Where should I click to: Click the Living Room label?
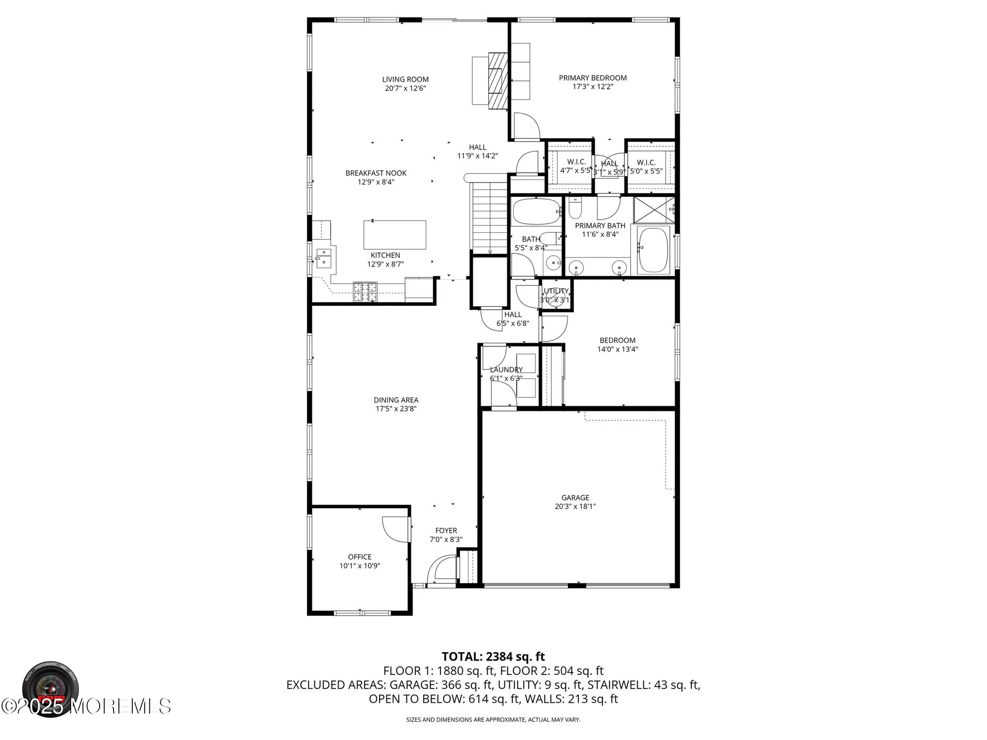pos(405,79)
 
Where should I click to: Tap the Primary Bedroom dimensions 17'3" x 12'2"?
pos(593,87)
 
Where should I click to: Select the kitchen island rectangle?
pos(395,235)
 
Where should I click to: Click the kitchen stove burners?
pos(365,291)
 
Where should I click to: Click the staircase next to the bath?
pos(490,217)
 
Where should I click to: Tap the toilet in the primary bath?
pos(575,208)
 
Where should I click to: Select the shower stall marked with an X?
pos(654,210)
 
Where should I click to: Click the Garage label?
pos(575,498)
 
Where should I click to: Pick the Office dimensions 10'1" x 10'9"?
pos(359,566)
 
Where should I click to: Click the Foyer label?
pos(446,531)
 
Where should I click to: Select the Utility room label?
pos(556,291)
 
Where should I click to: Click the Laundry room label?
pos(506,370)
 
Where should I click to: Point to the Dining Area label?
pos(396,400)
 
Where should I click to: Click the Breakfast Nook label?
pos(376,173)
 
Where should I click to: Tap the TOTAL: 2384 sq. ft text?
pos(493,657)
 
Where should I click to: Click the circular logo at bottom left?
pos(50,689)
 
